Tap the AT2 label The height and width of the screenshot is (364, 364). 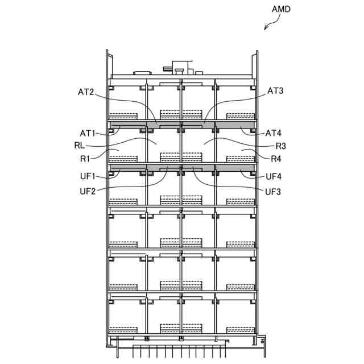pos(86,92)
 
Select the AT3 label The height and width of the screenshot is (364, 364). pos(275,91)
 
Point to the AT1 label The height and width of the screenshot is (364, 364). pos(88,133)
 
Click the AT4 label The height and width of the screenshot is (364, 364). pos(274,133)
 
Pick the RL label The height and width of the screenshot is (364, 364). pos(80,145)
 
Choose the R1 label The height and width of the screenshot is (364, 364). pos(85,158)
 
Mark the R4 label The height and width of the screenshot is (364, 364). pos(276,158)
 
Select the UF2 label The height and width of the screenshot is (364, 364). pos(88,191)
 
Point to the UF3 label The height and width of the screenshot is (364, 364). pos(274,191)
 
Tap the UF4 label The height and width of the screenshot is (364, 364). pos(274,176)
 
